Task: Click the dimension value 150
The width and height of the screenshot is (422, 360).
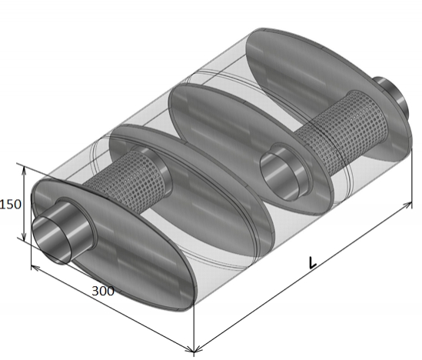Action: (10, 205)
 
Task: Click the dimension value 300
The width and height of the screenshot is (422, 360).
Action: (103, 291)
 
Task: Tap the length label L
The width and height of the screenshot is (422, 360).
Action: (312, 263)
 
